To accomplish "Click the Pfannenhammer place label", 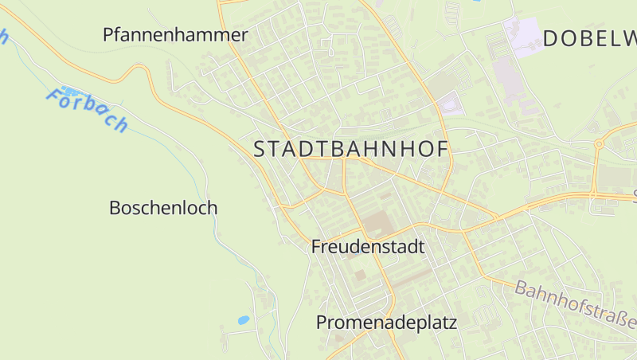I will coord(175,35).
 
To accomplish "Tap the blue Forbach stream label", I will coord(87,110).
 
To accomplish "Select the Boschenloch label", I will coord(162,208).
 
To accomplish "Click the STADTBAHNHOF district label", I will coord(351,149).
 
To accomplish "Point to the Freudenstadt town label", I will coord(368,247).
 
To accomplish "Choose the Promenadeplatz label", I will coord(386,323).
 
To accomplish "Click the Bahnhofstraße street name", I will coord(575,304).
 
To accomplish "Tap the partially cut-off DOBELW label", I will coord(590,38).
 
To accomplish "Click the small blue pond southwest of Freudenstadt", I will coord(243,320).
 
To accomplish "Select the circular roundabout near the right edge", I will coord(598,144).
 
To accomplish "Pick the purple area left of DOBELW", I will coord(522,36).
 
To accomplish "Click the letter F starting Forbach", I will coord(54,99).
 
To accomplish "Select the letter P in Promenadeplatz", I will coord(322,323).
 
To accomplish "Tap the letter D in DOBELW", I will coord(552,38).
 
